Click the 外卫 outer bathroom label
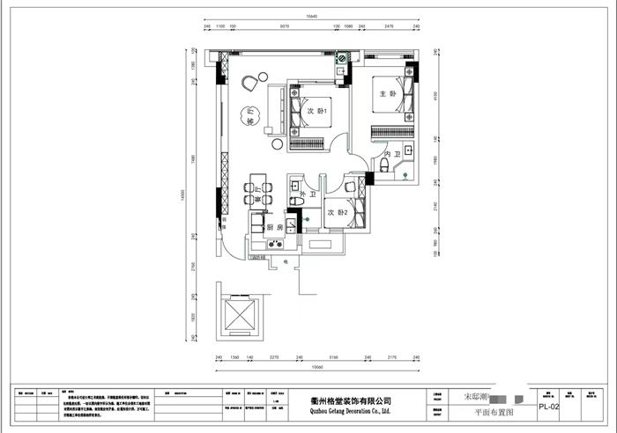[308, 194]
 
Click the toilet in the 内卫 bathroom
[384, 165]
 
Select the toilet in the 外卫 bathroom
[298, 202]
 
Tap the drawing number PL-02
[549, 407]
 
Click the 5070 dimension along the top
[284, 26]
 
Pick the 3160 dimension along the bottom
[333, 358]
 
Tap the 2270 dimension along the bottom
[274, 358]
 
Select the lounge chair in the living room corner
[249, 84]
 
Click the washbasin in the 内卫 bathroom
[409, 150]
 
